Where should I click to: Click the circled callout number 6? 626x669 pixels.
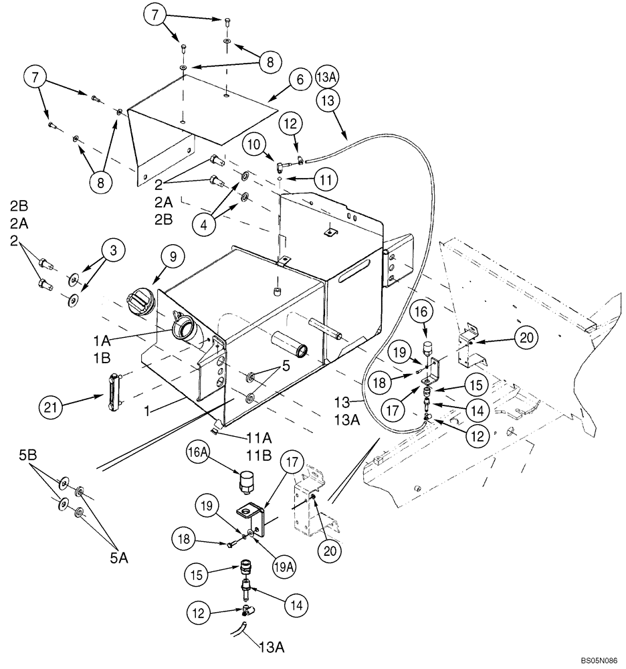pos(300,80)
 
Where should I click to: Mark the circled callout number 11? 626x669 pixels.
pos(327,179)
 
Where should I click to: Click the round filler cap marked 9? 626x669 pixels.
pos(142,302)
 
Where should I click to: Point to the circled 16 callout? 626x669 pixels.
pos(428,312)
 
